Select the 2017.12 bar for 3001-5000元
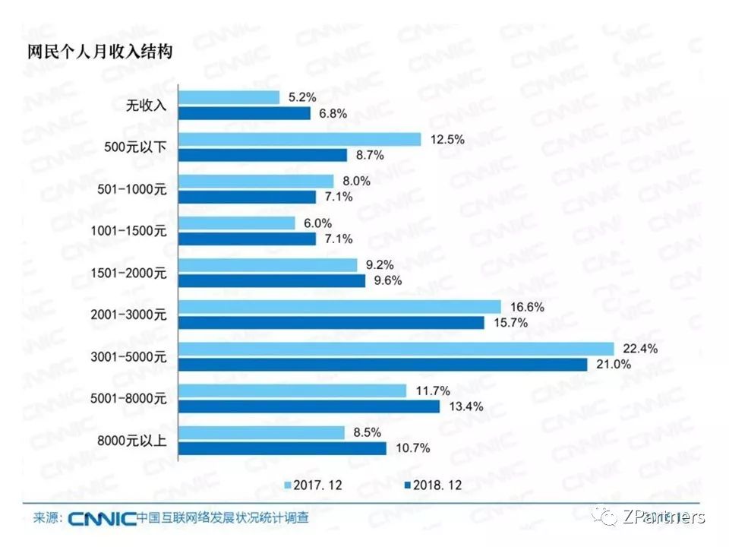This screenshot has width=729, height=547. pyautogui.click(x=396, y=349)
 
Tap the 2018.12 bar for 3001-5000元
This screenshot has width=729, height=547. pyautogui.click(x=383, y=365)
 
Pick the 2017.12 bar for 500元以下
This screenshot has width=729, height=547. pyautogui.click(x=299, y=139)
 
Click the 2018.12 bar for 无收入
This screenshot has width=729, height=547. pyautogui.click(x=245, y=113)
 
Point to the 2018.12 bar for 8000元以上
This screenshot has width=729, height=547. pyautogui.click(x=282, y=448)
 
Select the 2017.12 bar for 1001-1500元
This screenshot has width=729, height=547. pyautogui.click(x=236, y=223)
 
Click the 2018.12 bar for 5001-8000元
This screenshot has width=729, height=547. pyautogui.click(x=309, y=406)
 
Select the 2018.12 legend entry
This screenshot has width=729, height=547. pyautogui.click(x=432, y=484)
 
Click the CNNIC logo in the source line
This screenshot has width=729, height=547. pyautogui.click(x=102, y=519)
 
